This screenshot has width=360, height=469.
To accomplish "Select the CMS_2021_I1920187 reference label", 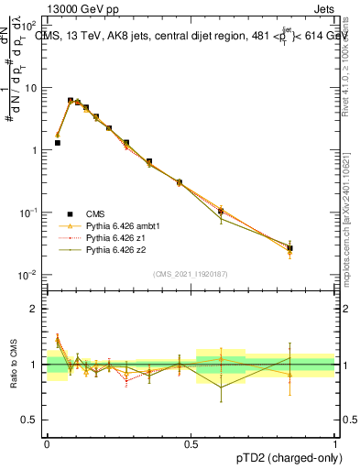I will [191, 275].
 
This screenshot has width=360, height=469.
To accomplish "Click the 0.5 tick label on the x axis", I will [191, 443].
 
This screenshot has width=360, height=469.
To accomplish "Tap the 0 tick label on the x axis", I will [47, 443].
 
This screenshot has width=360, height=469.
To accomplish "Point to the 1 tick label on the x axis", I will [335, 443].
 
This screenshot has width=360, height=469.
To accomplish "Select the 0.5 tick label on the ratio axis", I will [34, 420].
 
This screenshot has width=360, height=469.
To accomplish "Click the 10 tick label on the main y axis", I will [31, 88].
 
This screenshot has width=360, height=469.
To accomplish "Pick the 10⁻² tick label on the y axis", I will [29, 275].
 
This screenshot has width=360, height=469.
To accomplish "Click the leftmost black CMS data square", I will [58, 143].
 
